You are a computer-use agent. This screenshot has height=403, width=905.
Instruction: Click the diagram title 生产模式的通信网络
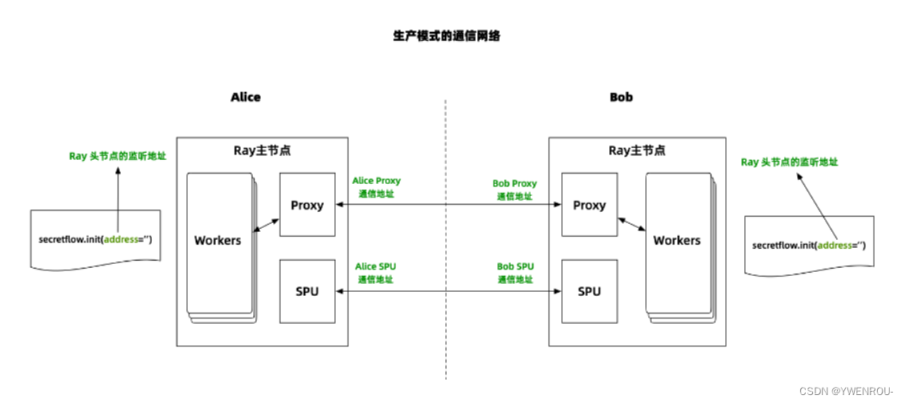click(446, 36)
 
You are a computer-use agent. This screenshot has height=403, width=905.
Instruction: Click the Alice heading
click(245, 97)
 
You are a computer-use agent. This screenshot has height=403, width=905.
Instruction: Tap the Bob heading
click(620, 97)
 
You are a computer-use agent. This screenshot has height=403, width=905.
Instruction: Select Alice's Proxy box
click(307, 205)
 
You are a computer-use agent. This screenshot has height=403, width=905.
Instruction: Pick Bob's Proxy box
click(589, 205)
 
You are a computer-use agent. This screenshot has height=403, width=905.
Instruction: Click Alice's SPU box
click(307, 291)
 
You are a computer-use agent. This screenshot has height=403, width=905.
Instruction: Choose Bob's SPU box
click(589, 291)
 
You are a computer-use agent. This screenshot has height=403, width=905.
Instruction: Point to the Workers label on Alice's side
click(217, 240)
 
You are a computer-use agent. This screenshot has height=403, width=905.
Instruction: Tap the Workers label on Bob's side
click(676, 240)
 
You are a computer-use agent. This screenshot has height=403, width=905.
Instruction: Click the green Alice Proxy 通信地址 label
click(377, 187)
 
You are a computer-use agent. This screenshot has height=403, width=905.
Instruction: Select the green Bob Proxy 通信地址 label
click(514, 190)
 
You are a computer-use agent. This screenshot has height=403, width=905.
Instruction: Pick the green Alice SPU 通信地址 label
click(376, 273)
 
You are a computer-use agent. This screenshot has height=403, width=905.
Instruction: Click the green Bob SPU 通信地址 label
click(516, 273)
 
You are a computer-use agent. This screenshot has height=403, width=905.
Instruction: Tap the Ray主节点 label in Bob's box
click(637, 150)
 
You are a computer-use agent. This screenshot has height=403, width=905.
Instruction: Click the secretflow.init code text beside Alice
click(94, 239)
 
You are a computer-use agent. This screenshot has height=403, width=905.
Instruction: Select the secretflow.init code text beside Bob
click(808, 245)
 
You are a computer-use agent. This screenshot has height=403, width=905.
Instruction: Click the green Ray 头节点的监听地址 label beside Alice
click(117, 156)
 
